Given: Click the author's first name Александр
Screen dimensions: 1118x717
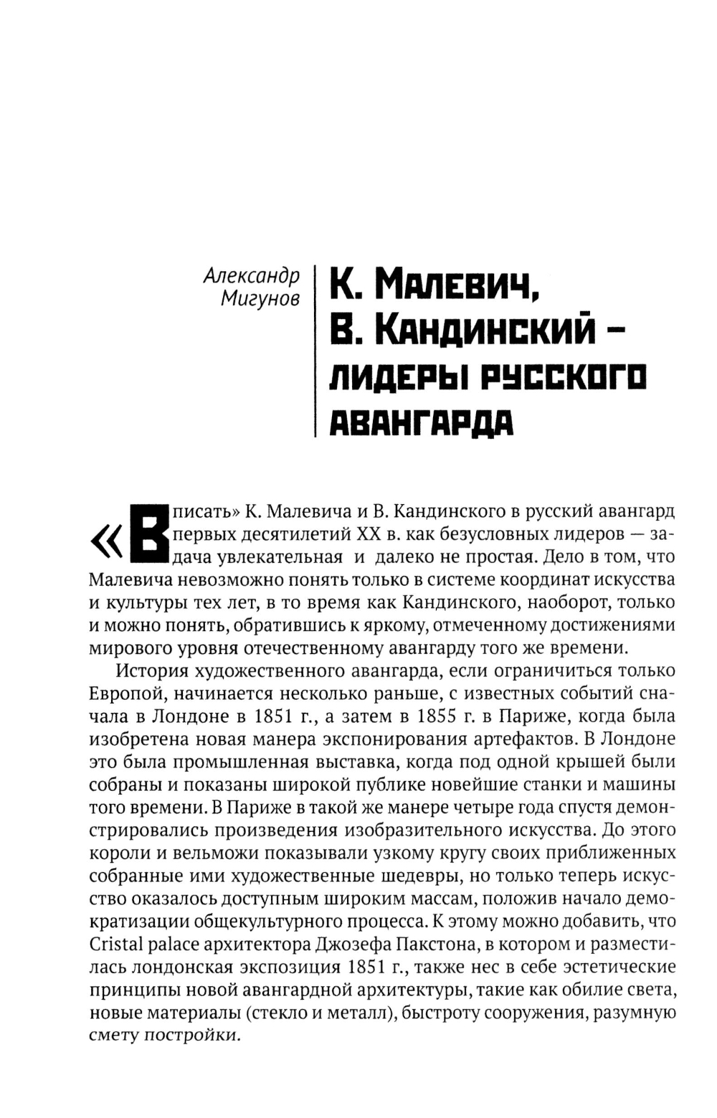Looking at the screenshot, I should pyautogui.click(x=251, y=276).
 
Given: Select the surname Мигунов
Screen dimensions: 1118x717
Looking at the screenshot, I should pyautogui.click(x=260, y=299).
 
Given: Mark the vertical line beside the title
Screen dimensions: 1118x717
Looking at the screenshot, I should pyautogui.click(x=315, y=351).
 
